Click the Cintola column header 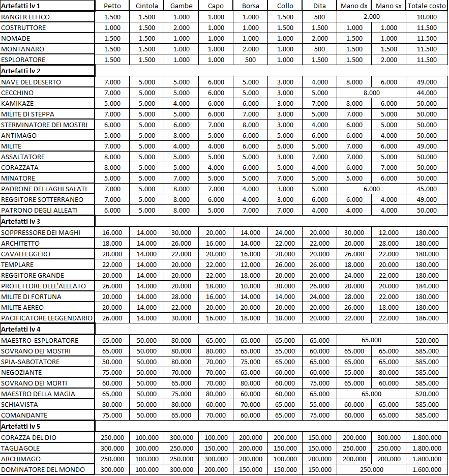pos(147,6)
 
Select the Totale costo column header pos(427,6)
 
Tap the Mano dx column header pos(354,6)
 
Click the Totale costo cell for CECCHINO pos(427,93)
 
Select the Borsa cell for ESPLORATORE pos(250,59)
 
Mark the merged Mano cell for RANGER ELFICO pos(371,17)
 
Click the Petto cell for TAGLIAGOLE pos(112,448)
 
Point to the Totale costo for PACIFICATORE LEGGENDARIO pos(427,318)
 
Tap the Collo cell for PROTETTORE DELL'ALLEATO pos(285,286)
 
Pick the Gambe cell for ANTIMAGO pos(181,135)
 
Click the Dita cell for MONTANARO pos(319,49)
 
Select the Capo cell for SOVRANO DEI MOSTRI pos(216,351)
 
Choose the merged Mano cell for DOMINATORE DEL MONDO pos(371,469)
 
